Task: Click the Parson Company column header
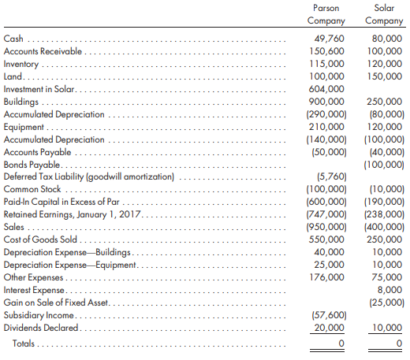pos(326,14)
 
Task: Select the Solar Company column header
pos(384,14)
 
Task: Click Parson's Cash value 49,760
pos(329,39)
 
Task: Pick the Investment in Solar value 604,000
pos(326,89)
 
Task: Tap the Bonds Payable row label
pos(32,165)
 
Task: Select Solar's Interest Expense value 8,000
pos(389,290)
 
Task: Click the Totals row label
pos(24,343)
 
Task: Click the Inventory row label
pos(21,64)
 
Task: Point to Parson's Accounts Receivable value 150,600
pos(326,51)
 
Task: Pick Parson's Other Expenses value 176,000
pos(326,277)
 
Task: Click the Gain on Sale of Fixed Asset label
pos(56,302)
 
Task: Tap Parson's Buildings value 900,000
pos(326,102)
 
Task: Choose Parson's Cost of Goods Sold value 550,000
pos(326,239)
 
